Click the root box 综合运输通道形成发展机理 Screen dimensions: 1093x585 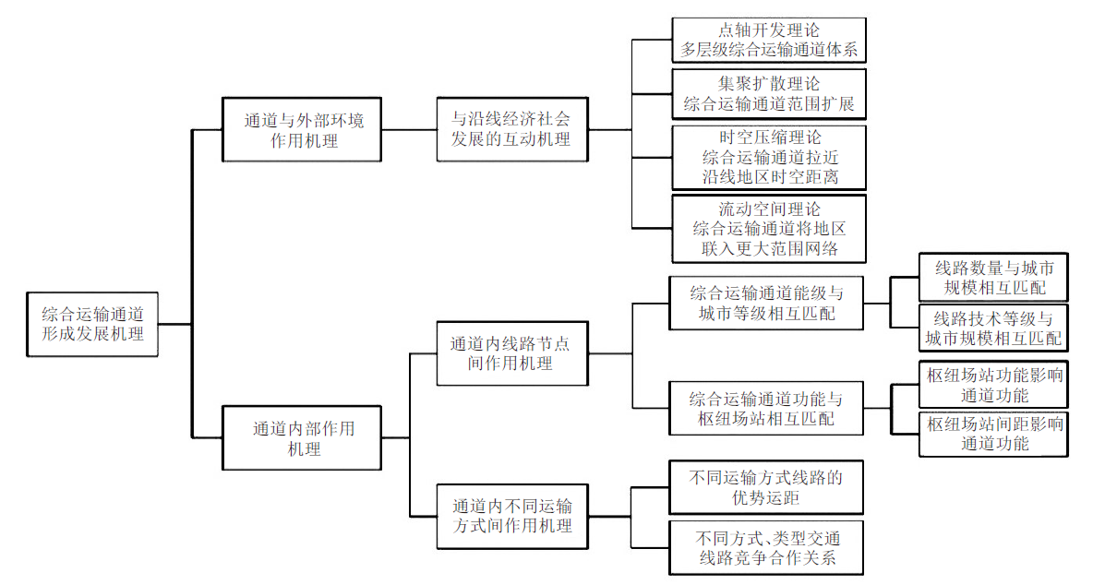[x=92, y=325]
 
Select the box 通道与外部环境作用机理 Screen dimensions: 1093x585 [x=302, y=129]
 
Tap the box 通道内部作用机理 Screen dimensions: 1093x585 [x=302, y=438]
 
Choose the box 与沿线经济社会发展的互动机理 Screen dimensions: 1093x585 [x=512, y=129]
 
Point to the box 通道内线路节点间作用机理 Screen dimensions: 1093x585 [x=512, y=353]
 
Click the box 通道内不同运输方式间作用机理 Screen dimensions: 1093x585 [x=512, y=517]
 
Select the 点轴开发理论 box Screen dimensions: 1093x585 [x=769, y=41]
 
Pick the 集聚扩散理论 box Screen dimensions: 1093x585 [x=769, y=94]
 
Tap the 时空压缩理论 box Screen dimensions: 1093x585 [x=769, y=158]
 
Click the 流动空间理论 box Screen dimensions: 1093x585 [x=769, y=229]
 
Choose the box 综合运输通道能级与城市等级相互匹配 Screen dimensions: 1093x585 [x=766, y=303]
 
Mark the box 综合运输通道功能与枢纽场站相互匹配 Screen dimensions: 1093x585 [x=766, y=408]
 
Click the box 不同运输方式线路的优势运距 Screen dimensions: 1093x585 [x=766, y=487]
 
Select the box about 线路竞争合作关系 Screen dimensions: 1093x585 [x=766, y=547]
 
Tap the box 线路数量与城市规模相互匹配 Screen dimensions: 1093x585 [x=993, y=277]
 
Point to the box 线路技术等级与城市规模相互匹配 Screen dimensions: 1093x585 [x=993, y=328]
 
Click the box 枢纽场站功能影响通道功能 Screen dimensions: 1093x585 [x=993, y=385]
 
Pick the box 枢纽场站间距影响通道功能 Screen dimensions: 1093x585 [x=993, y=434]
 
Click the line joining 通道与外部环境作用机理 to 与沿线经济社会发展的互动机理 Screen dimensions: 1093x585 [x=409, y=129]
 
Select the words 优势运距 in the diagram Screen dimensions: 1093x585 [x=765, y=498]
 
